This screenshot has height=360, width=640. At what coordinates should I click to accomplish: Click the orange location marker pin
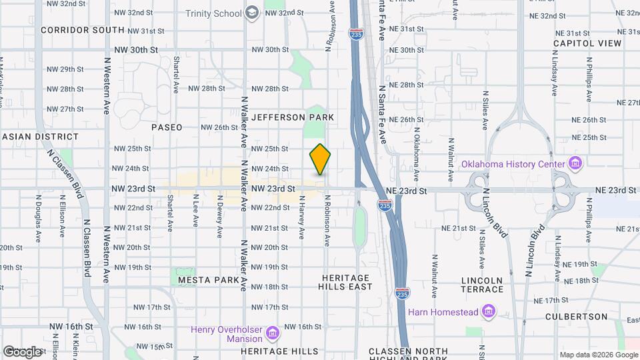click(320, 159)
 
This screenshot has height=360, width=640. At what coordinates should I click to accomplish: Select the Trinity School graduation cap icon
click(252, 13)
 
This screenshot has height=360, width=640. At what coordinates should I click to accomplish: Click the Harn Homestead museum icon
click(489, 311)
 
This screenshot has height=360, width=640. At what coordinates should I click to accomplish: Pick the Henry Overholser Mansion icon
click(272, 332)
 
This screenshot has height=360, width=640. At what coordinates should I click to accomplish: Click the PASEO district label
click(167, 127)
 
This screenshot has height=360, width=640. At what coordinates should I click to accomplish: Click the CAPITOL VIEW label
click(587, 43)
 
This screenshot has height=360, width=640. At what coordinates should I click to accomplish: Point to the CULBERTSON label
click(576, 317)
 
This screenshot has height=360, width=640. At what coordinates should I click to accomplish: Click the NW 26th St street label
click(219, 127)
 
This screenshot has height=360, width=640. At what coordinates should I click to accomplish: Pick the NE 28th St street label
click(406, 85)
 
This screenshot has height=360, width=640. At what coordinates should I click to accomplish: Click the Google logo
click(22, 351)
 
